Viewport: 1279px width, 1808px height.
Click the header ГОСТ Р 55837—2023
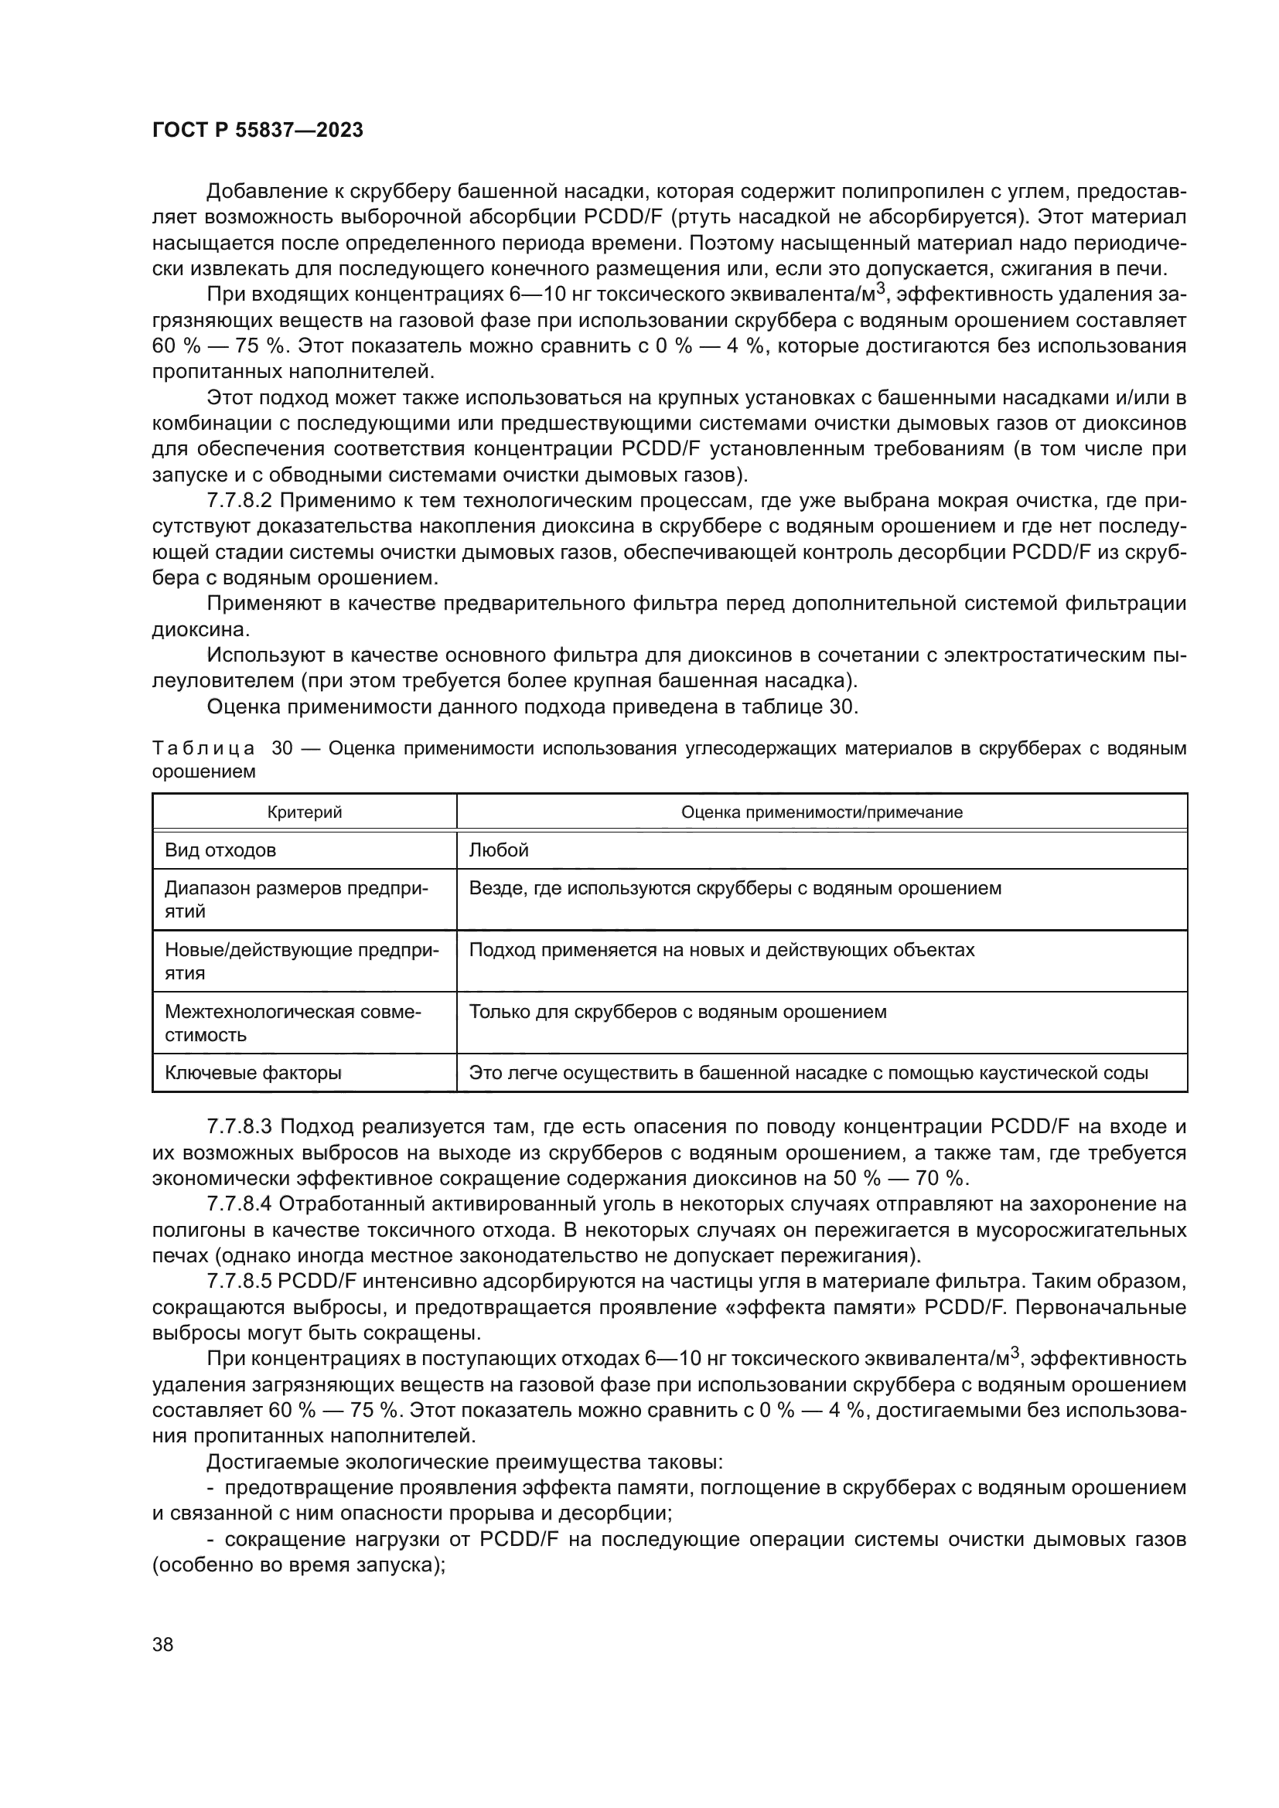tap(258, 131)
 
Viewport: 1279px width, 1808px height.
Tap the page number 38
tap(163, 1644)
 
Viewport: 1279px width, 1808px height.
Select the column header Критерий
tap(304, 812)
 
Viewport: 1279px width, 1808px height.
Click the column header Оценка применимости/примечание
tap(821, 812)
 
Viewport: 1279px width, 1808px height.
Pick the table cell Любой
tap(499, 850)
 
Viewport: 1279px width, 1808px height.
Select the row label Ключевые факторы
tap(253, 1073)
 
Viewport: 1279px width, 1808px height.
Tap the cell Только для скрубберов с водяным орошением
tap(677, 1011)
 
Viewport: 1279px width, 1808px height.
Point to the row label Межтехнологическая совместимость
tap(292, 1022)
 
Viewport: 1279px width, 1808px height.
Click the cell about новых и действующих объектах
tap(721, 950)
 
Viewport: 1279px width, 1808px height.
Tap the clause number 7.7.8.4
tap(239, 1204)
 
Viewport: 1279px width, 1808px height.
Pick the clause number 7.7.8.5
tap(239, 1281)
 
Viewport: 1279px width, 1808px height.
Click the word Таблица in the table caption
tap(203, 748)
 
